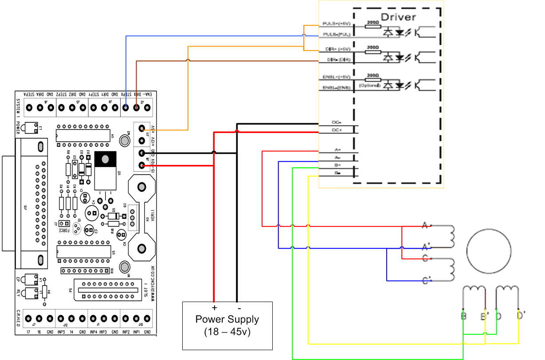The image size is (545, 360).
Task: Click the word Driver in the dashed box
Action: (x=399, y=17)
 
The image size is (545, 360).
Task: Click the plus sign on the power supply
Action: (x=214, y=308)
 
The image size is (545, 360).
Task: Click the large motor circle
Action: (x=489, y=251)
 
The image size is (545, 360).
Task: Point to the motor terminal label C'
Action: (x=427, y=280)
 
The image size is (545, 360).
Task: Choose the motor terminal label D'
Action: (x=521, y=316)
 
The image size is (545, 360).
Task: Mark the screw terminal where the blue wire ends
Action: (x=126, y=107)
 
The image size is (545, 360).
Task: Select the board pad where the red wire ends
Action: (x=142, y=165)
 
